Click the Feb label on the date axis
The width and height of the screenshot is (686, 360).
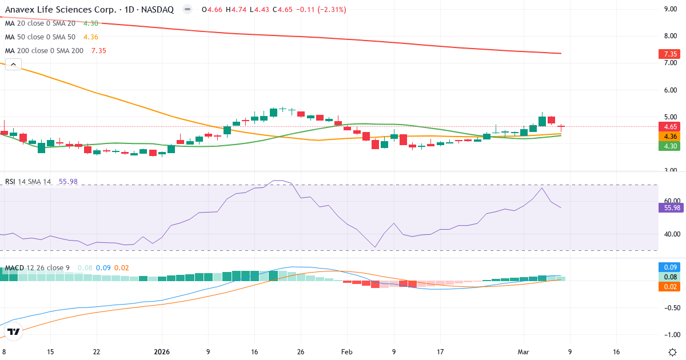(346, 352)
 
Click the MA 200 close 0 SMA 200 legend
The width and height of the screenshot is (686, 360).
(44, 50)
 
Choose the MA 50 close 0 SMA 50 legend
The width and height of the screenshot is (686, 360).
(40, 37)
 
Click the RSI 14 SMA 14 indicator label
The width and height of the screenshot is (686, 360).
(28, 182)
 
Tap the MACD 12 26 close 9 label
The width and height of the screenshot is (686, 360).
(38, 268)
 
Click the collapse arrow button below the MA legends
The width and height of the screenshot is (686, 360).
(13, 64)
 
